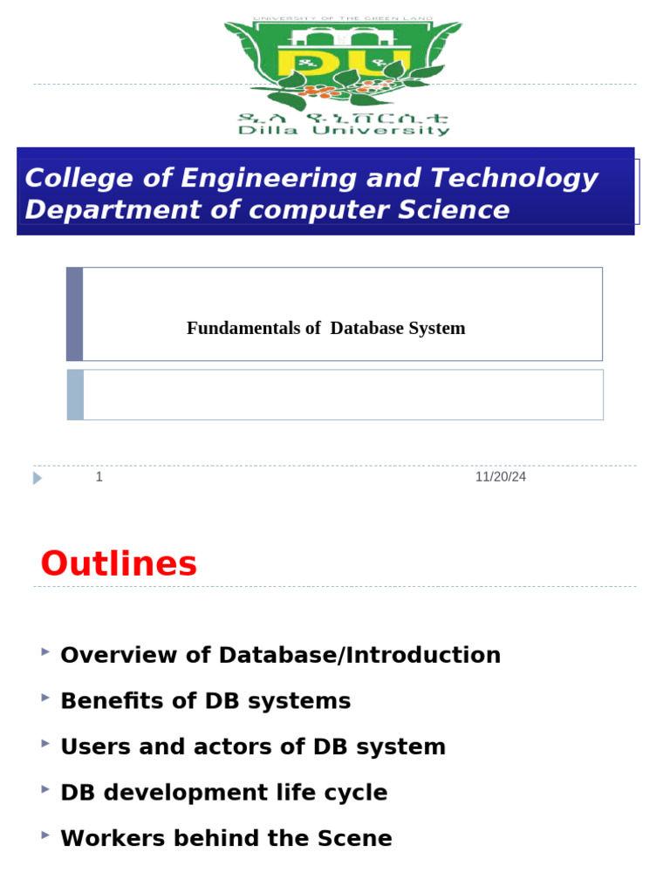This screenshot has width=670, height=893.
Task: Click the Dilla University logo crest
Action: pyautogui.click(x=344, y=65)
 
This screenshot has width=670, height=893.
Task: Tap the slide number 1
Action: pyautogui.click(x=99, y=477)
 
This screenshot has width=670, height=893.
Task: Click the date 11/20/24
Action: pyautogui.click(x=501, y=477)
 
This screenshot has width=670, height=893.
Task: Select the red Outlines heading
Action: pyautogui.click(x=119, y=564)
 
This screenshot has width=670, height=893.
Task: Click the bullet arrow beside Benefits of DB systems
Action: pyautogui.click(x=45, y=698)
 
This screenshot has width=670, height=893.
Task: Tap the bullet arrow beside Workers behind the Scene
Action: pyautogui.click(x=45, y=835)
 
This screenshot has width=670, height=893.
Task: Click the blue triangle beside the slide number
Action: pyautogui.click(x=38, y=478)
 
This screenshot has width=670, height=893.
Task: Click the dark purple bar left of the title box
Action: pyautogui.click(x=75, y=314)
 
